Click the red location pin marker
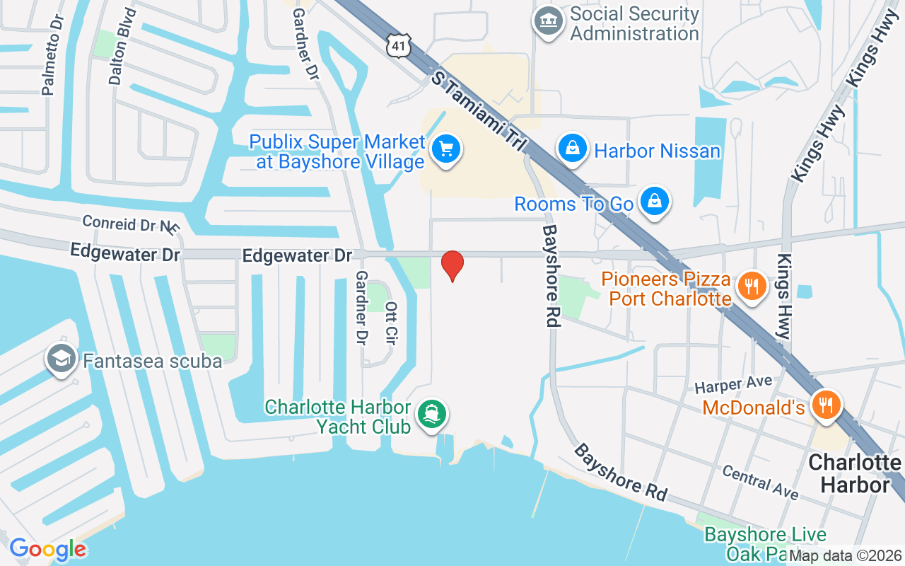(452, 265)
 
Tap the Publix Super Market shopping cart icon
(446, 149)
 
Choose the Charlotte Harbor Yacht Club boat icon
(431, 414)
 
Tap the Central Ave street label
(760, 482)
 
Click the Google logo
(47, 549)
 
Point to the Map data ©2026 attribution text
(845, 556)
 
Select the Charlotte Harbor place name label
(854, 473)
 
